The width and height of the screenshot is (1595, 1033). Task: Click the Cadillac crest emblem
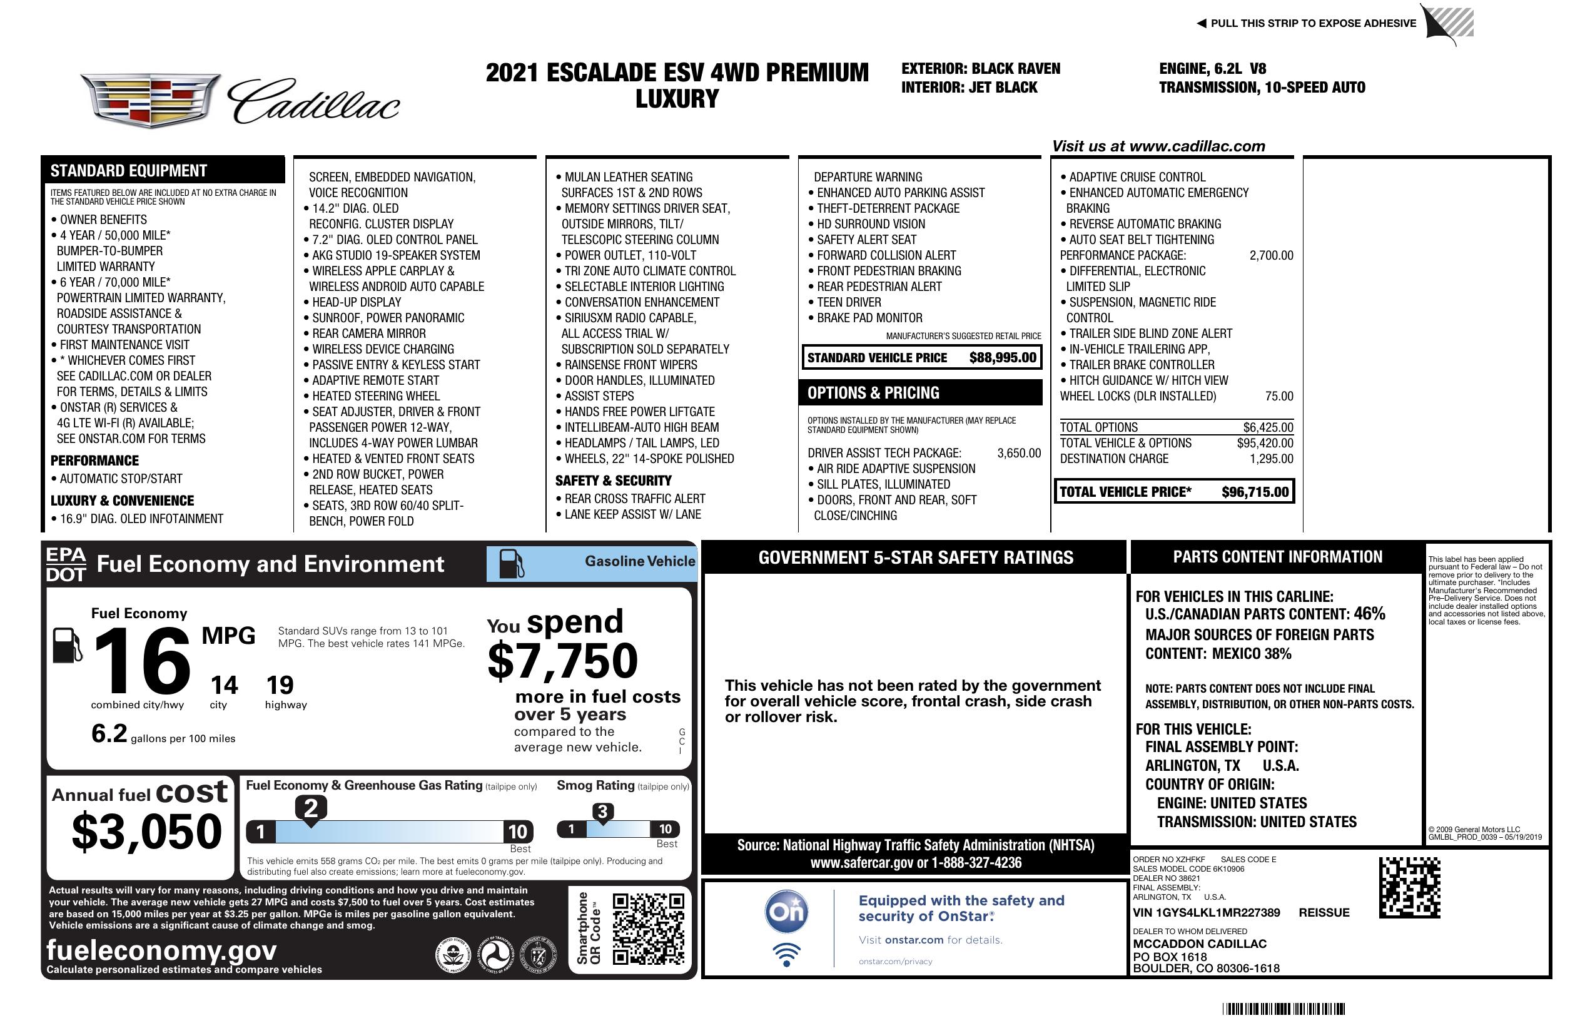[x=151, y=100]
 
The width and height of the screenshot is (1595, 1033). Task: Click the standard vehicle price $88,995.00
[x=1003, y=358]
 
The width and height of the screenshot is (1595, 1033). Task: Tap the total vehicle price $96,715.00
[x=1255, y=492]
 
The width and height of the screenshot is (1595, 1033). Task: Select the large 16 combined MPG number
[x=143, y=661]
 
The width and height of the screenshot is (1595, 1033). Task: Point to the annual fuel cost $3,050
[x=147, y=832]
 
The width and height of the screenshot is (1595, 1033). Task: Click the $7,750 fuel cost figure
[x=563, y=661]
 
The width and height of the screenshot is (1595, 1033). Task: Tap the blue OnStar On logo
[x=786, y=912]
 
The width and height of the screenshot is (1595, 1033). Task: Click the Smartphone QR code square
[x=648, y=929]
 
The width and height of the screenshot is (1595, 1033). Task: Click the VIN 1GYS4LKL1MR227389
[x=1207, y=913]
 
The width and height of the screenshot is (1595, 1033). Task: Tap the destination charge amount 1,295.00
[x=1271, y=459]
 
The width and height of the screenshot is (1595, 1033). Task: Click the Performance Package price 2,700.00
[x=1271, y=255]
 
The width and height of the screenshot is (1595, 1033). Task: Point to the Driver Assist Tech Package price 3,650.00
[x=1019, y=453]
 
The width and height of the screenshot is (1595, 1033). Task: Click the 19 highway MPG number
[x=280, y=685]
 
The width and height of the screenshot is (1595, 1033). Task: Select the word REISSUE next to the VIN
[x=1324, y=913]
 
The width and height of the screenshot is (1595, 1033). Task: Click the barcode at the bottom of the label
[x=1284, y=1009]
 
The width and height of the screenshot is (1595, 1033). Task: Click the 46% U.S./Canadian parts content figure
[x=1369, y=613]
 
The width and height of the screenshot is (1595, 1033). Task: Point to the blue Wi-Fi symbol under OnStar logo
[x=786, y=954]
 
